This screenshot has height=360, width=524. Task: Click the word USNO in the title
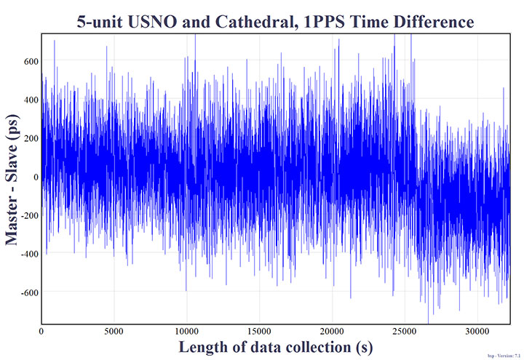click(156, 22)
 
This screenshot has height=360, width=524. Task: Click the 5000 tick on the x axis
click(114, 332)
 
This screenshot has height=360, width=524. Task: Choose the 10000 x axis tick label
click(186, 332)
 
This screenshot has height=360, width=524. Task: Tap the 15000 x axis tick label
click(259, 332)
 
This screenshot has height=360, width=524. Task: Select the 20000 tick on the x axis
click(332, 332)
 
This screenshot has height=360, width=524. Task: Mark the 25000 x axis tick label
click(405, 332)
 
